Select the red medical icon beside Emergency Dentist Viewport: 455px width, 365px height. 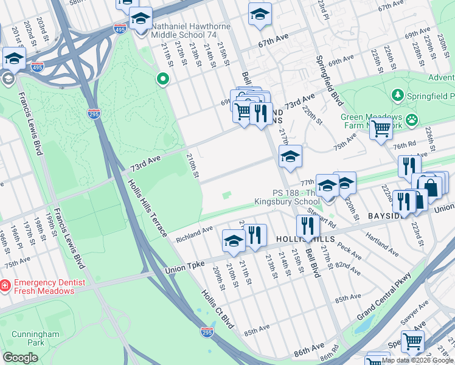coord(5,284)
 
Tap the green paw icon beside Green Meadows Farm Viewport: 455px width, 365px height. coord(412,120)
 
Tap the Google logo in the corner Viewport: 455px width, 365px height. coord(21,358)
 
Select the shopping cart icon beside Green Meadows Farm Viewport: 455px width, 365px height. coord(381,129)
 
